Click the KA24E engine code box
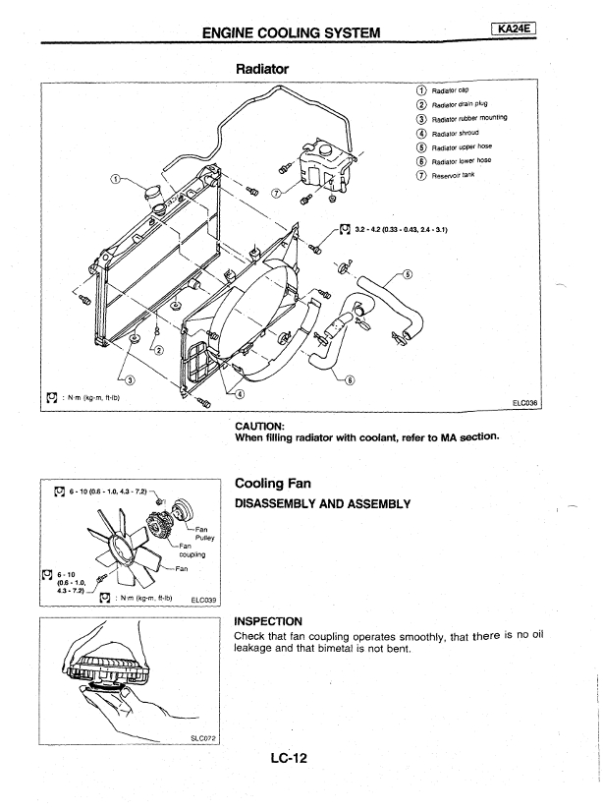coord(516,31)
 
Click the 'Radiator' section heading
coord(264,70)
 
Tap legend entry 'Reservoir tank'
coord(453,175)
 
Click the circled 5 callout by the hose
coord(408,274)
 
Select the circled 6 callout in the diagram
coord(351,380)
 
